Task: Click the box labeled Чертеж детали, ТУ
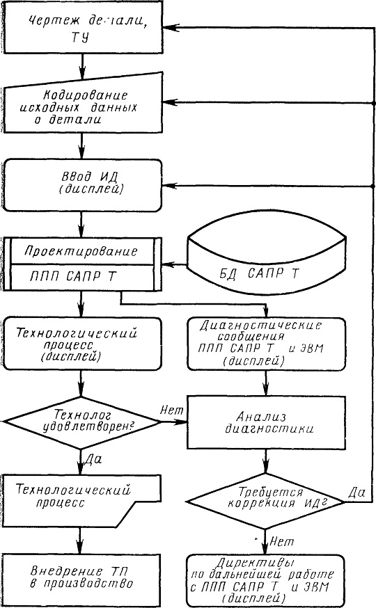click(x=82, y=27)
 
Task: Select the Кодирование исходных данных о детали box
click(x=82, y=106)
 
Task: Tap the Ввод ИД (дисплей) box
click(x=82, y=185)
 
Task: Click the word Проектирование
click(x=81, y=251)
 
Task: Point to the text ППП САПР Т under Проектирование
click(x=73, y=277)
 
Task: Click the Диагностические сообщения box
click(x=266, y=344)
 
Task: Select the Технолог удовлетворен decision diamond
click(x=81, y=422)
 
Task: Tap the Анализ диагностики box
click(x=266, y=422)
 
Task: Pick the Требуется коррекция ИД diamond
click(x=266, y=501)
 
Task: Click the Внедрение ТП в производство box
click(x=81, y=578)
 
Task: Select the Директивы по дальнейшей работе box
click(x=265, y=580)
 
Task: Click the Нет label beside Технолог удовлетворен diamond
click(x=171, y=410)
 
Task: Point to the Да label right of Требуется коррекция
click(x=357, y=493)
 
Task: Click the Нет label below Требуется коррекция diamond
click(x=281, y=541)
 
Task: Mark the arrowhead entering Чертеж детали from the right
click(x=170, y=28)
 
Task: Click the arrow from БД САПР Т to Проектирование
click(x=175, y=265)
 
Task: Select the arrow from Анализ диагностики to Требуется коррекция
click(x=266, y=461)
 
